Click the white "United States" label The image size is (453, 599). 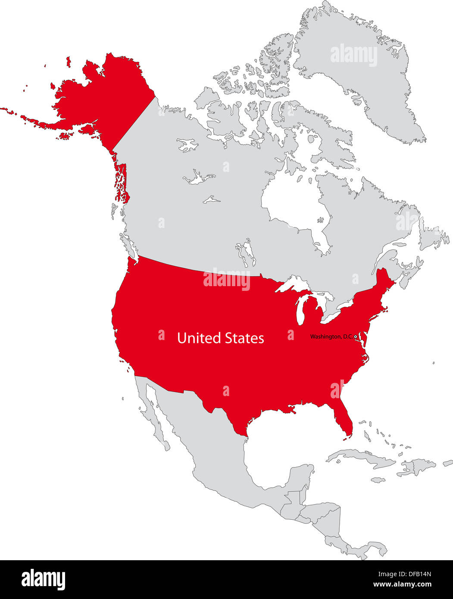[220, 338]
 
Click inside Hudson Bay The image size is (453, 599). [293, 203]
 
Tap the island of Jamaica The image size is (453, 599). [378, 479]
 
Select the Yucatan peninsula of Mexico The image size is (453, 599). [304, 474]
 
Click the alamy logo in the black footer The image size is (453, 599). [43, 580]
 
